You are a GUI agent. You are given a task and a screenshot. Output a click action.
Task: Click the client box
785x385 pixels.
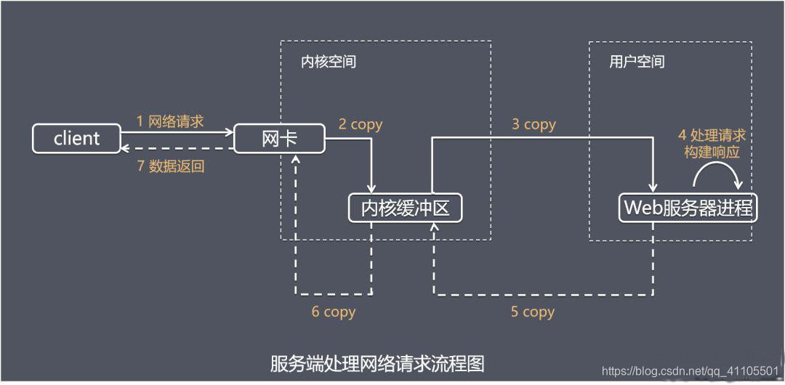76,138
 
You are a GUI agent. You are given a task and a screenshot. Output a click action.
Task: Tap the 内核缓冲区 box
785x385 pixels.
406,209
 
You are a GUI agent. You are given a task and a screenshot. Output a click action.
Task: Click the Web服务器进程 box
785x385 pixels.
688,209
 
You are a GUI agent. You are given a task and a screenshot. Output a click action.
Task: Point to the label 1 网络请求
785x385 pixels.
170,121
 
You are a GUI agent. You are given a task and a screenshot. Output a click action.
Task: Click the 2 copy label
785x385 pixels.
361,124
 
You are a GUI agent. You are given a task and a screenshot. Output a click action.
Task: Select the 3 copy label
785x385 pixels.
534,124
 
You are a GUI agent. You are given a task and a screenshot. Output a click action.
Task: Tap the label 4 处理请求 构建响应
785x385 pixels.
712,143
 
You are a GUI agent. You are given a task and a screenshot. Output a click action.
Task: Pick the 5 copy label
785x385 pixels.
532,312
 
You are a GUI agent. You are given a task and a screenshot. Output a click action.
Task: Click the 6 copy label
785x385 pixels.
333,312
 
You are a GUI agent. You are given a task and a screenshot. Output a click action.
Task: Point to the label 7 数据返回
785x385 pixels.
171,166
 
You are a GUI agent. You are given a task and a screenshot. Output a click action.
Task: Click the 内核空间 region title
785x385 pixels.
329,62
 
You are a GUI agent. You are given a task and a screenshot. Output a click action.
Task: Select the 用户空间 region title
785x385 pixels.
637,62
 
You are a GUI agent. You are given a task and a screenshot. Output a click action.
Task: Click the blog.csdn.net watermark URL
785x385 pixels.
691,371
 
